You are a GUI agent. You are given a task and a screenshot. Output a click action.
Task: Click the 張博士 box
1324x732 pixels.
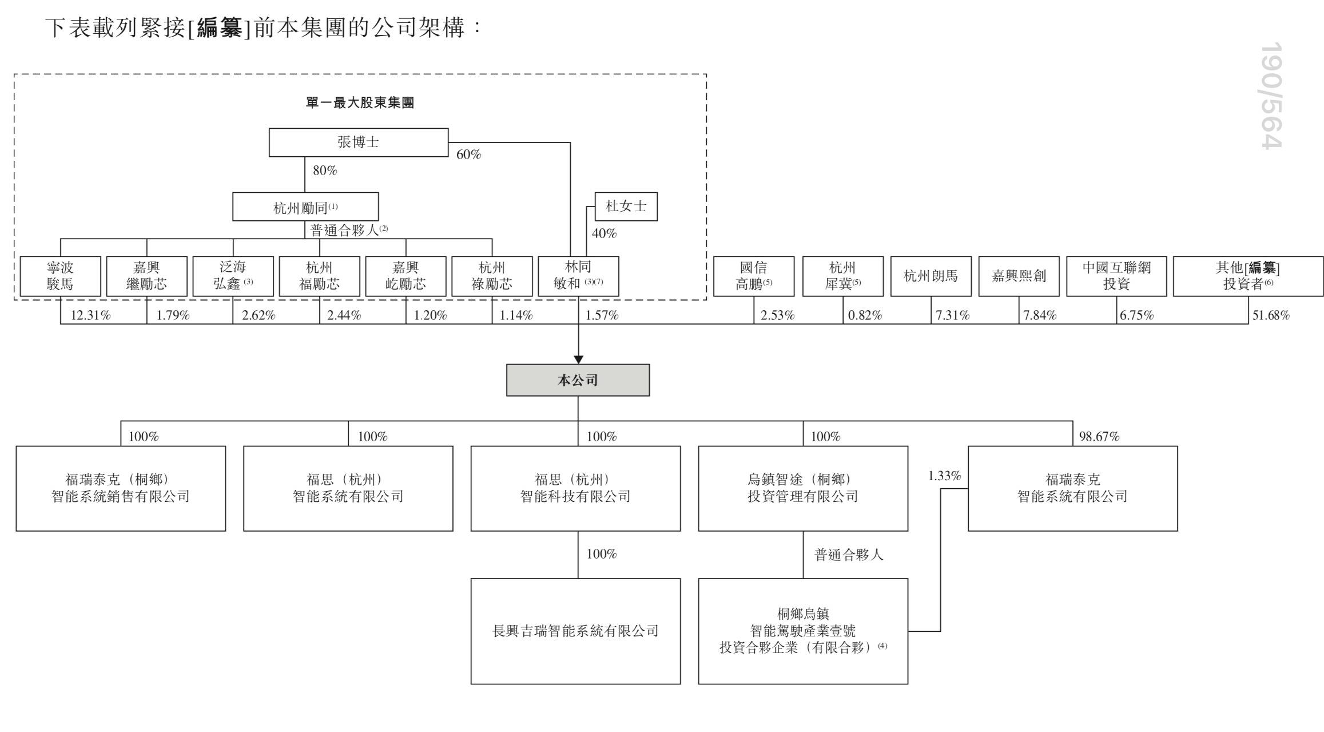pos(359,142)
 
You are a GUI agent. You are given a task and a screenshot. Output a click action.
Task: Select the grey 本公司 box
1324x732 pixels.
pos(578,380)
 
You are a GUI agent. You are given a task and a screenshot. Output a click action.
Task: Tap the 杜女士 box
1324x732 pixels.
pos(626,206)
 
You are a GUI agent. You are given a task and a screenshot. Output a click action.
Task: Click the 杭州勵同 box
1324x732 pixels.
pos(305,207)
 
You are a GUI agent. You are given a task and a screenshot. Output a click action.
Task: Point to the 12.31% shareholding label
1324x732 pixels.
pos(90,315)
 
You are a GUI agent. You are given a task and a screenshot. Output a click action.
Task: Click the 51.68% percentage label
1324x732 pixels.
pos(1271,315)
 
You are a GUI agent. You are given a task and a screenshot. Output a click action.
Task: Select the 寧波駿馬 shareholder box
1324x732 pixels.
pos(60,276)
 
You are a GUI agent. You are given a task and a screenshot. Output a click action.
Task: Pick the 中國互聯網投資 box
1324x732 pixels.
pos(1116,276)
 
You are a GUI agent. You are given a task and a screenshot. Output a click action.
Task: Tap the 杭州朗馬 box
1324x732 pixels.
pos(931,276)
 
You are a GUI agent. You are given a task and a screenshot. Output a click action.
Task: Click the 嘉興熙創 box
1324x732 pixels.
pos(1019,276)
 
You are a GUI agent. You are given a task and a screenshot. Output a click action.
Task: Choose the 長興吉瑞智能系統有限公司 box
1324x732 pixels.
pos(575,631)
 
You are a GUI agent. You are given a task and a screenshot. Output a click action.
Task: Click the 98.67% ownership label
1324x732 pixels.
pos(1099,436)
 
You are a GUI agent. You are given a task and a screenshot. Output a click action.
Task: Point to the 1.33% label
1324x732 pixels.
pos(944,476)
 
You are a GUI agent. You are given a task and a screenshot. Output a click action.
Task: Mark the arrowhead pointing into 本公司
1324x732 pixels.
pos(578,359)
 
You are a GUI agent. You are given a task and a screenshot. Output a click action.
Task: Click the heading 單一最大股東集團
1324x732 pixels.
pos(360,103)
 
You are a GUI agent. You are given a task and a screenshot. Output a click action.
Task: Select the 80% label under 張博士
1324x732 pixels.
pos(325,170)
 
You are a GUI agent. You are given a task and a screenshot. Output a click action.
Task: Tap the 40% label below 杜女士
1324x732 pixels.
pos(604,233)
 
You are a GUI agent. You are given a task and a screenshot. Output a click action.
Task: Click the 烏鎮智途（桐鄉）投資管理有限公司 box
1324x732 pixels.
pos(802,488)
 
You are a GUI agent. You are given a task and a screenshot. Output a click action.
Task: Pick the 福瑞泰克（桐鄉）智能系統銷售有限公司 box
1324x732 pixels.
pos(121,488)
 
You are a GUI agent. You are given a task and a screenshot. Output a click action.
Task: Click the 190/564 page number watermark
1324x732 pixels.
pos(1272,96)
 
